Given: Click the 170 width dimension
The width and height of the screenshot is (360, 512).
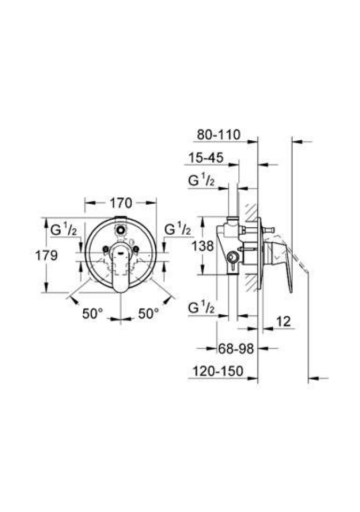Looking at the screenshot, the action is click(x=121, y=203).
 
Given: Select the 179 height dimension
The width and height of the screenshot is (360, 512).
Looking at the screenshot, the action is click(x=46, y=255).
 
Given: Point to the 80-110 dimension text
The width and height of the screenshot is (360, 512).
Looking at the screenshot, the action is click(x=219, y=134).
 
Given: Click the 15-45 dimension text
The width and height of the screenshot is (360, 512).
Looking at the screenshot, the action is click(x=206, y=158).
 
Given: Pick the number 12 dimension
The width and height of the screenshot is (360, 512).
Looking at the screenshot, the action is click(x=283, y=322).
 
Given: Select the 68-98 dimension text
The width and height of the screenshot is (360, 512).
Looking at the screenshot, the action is click(x=236, y=349).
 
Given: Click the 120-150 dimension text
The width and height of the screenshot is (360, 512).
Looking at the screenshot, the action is click(x=218, y=371).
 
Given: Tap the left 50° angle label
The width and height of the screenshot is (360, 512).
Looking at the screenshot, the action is click(x=92, y=314).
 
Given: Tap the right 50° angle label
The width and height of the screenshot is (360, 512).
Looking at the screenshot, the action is click(x=149, y=314).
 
